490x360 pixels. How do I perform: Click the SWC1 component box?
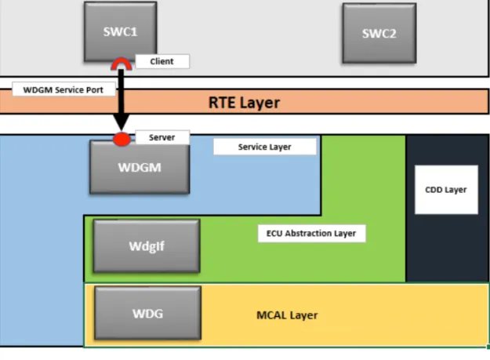(120, 31)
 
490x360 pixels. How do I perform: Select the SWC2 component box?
(379, 33)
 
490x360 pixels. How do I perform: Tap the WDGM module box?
(139, 167)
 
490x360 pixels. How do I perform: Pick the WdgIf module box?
(147, 245)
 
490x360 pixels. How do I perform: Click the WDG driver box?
(147, 314)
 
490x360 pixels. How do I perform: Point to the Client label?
(162, 60)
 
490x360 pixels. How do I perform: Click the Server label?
(162, 137)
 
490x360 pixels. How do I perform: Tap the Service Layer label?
(264, 147)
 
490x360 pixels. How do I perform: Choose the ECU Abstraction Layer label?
(311, 233)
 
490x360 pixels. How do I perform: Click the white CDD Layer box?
(445, 189)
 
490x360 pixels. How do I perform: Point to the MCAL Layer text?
(287, 315)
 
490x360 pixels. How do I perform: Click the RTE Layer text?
(244, 102)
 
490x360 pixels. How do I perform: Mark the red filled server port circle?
(122, 140)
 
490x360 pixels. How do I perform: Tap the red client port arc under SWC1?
(122, 64)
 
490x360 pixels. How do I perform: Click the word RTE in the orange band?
(223, 102)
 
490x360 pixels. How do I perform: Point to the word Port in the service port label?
(103, 89)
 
